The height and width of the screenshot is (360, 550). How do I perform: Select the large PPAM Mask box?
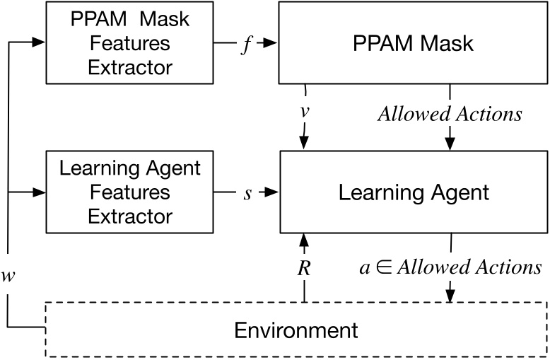click(x=414, y=42)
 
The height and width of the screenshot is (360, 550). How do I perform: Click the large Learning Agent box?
click(x=414, y=192)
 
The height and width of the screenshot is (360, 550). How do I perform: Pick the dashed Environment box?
click(x=297, y=330)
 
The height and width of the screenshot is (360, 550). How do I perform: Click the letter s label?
click(x=247, y=192)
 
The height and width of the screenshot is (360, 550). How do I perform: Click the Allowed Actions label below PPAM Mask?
click(x=450, y=114)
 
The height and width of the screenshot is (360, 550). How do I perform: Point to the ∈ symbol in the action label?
click(x=381, y=267)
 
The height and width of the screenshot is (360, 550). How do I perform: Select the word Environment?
click(x=296, y=330)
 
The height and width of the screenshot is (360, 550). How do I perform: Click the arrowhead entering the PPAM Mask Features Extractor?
click(x=40, y=43)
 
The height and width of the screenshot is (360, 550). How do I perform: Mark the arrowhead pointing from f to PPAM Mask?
click(x=269, y=43)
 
